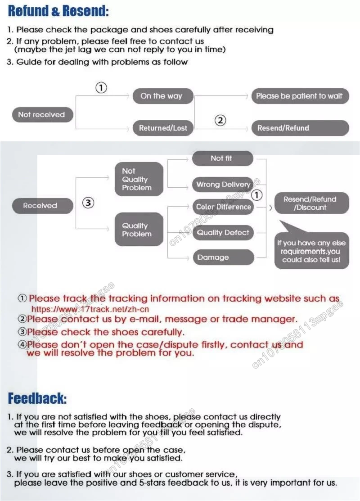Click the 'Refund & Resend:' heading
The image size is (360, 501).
coord(58,11)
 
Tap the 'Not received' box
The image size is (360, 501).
coord(41,115)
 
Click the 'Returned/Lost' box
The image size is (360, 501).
coord(162,128)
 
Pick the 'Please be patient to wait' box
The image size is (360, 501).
coord(299,96)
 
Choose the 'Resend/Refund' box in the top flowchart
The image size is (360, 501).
coord(299,128)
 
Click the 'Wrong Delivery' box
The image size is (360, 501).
coord(223,185)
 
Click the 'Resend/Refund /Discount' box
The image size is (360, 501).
coord(309,203)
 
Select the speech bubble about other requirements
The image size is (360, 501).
coord(311,251)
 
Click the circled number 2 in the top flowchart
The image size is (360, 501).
coord(220,120)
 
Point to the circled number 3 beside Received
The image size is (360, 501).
coord(88,203)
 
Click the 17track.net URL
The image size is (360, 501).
coord(90,309)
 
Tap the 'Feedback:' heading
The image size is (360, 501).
coord(37,398)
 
